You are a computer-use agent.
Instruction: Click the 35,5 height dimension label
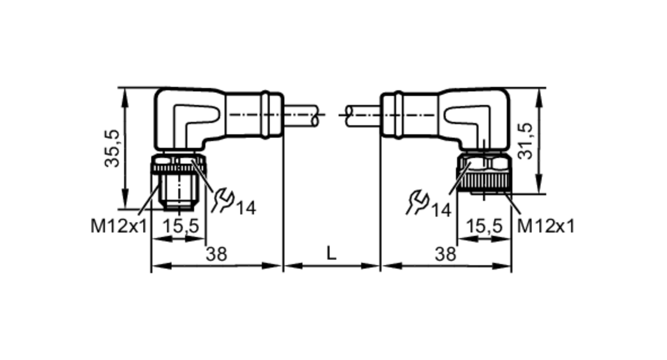click(x=112, y=149)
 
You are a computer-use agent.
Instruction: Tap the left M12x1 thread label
click(x=119, y=227)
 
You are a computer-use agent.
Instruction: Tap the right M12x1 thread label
click(x=546, y=227)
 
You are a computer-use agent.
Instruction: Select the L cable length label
click(x=331, y=253)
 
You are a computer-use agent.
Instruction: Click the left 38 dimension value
click(x=216, y=254)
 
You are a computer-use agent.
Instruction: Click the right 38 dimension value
click(x=445, y=254)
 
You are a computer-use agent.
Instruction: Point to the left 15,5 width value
click(x=180, y=226)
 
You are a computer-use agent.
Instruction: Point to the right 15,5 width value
click(x=484, y=226)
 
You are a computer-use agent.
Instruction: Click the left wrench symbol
click(x=223, y=200)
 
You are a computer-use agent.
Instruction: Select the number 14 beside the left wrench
click(x=246, y=209)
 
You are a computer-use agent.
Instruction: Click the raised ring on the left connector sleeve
click(x=265, y=114)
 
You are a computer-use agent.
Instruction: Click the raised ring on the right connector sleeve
click(x=398, y=114)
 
